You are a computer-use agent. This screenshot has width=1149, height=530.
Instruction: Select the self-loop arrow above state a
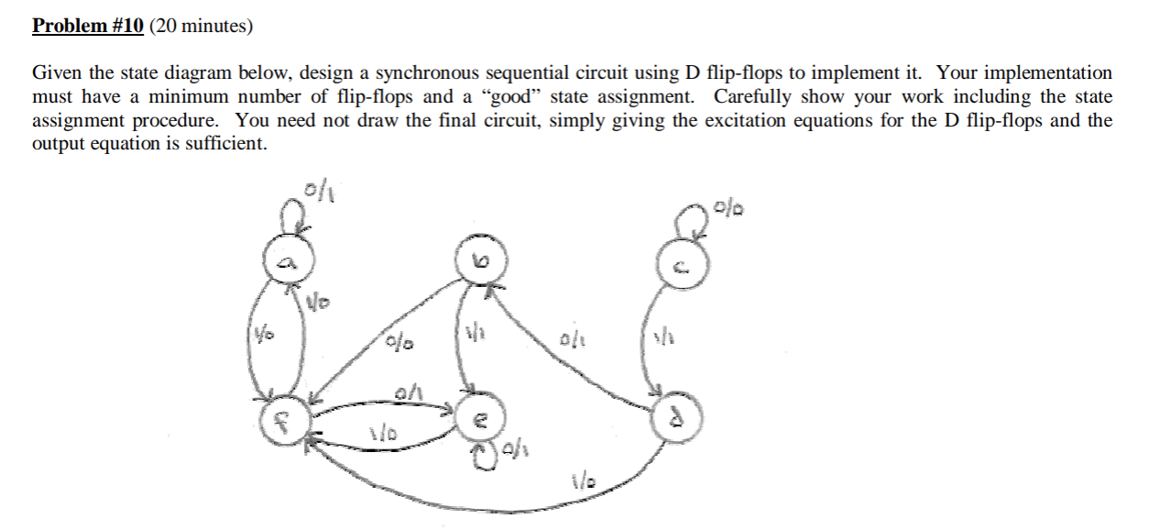click(291, 217)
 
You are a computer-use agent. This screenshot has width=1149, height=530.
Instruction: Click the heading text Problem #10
click(88, 26)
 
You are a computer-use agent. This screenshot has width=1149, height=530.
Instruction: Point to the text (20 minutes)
click(201, 26)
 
